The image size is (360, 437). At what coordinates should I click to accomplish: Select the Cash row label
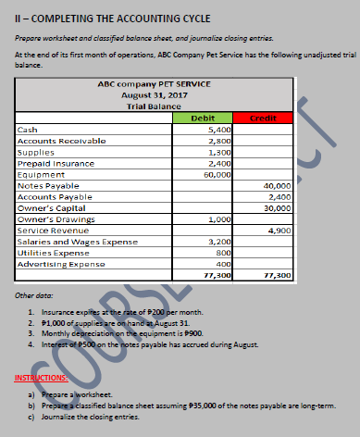click(x=29, y=131)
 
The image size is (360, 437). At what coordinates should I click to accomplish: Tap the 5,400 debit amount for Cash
click(x=218, y=131)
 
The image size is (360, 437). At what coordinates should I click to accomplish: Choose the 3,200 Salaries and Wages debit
click(x=218, y=241)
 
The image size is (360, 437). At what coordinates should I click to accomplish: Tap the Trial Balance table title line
click(x=155, y=106)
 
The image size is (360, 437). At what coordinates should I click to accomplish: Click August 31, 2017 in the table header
click(x=155, y=95)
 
